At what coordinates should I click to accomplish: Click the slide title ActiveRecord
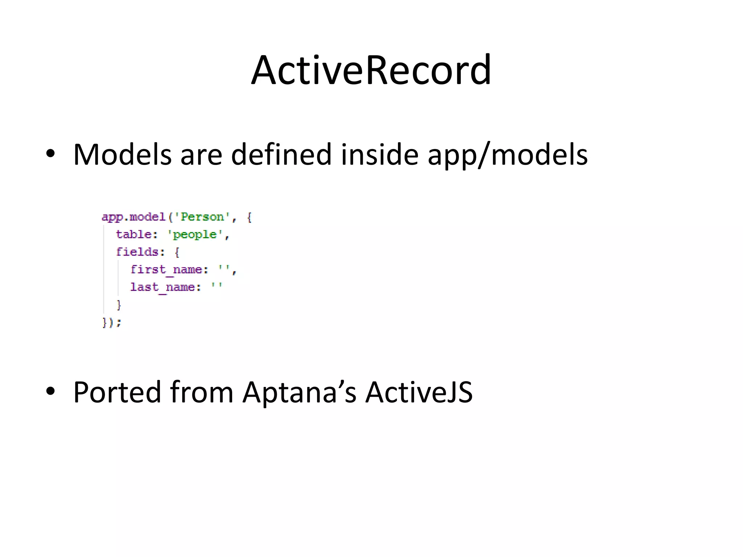(371, 70)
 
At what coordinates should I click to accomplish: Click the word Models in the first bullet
(122, 155)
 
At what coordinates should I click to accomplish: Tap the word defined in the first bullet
(281, 155)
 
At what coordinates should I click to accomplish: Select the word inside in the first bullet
(379, 155)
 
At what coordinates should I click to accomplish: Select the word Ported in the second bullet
(117, 392)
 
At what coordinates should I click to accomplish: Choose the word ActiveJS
(419, 392)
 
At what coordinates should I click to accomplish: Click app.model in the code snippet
(133, 217)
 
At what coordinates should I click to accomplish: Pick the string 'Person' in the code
(202, 217)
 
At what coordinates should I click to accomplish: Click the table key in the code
(134, 235)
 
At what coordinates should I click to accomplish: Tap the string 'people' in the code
(195, 235)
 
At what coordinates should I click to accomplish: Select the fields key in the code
(137, 252)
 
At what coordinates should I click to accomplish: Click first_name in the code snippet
(166, 270)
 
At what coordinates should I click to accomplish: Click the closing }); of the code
(111, 322)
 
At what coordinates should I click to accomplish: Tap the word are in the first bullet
(201, 155)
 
